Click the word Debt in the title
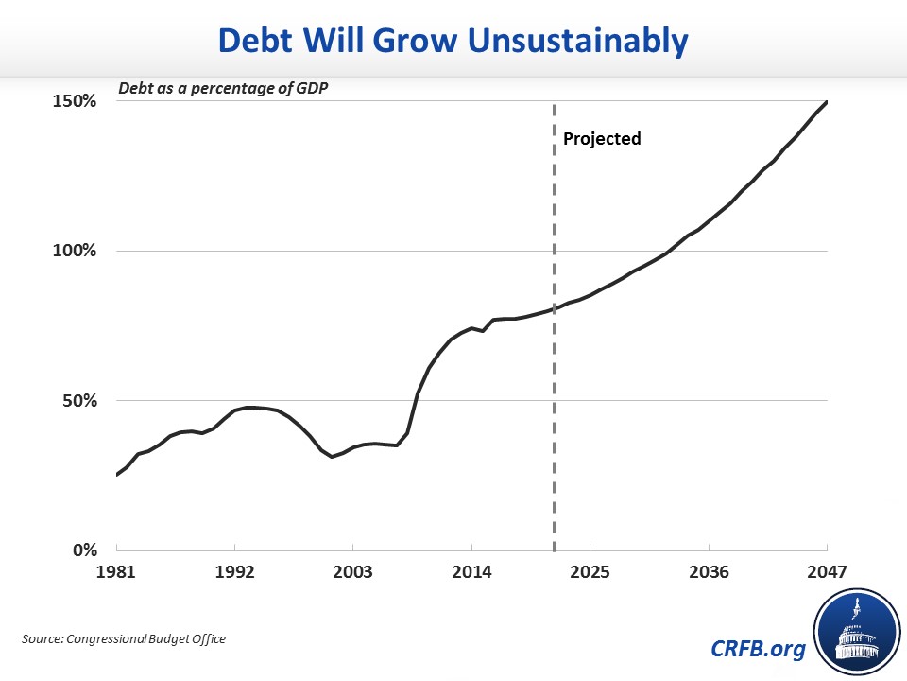(255, 41)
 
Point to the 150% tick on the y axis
(75, 101)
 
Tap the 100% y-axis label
(75, 251)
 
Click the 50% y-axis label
(79, 401)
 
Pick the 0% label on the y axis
(85, 550)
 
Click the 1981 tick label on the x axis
(115, 572)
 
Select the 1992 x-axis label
(235, 572)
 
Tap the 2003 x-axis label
(352, 572)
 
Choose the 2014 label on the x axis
(472, 572)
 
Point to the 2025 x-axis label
(590, 572)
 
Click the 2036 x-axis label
(710, 572)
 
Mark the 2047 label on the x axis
(828, 572)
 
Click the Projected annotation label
(602, 139)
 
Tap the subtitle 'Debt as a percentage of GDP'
(223, 89)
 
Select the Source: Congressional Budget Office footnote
(124, 638)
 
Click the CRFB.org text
(758, 648)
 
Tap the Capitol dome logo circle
(857, 633)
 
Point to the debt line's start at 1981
(117, 475)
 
